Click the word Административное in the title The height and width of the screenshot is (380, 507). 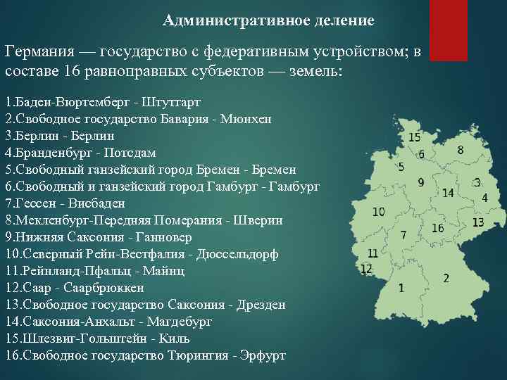[217, 20]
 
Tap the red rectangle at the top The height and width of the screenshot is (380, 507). [448, 28]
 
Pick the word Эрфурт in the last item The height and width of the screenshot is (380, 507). [263, 355]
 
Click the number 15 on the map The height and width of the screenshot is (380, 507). [414, 137]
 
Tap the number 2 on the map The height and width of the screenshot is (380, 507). [446, 278]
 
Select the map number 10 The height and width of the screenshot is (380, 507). [378, 211]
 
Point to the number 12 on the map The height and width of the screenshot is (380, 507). [366, 268]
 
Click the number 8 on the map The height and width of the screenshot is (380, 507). [460, 150]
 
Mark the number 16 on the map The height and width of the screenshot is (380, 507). [438, 228]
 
